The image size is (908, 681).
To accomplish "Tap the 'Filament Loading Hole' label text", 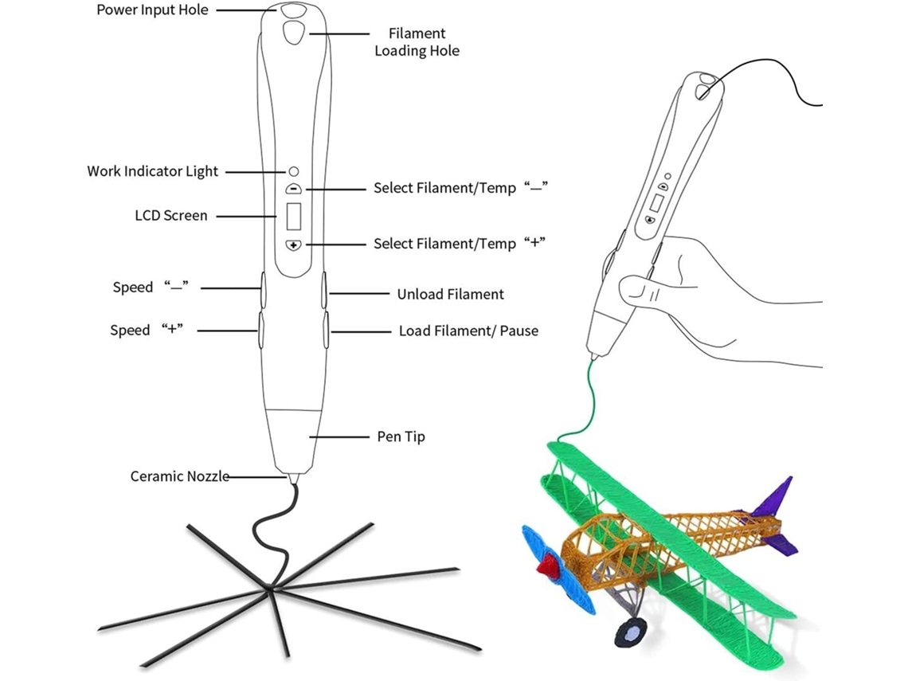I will pos(417,42).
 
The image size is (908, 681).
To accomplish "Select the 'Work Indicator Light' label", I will pos(152,171).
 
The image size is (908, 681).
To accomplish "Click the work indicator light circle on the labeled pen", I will pos(293,171).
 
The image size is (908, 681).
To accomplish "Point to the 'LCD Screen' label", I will pos(170,215).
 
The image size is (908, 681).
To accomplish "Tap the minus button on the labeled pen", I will pos(293,190).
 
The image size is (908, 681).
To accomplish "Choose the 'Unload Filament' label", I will pos(450,294).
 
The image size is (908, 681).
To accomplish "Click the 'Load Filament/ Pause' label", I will pos(468,330).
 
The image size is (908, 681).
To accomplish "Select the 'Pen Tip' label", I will pos(401,436).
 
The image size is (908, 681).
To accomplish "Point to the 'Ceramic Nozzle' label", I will pos(180,476).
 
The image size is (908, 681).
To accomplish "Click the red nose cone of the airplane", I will pos(547,566).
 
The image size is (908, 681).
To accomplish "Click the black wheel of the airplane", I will pos(631,633).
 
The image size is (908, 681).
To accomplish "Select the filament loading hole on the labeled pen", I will pos(293,33).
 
